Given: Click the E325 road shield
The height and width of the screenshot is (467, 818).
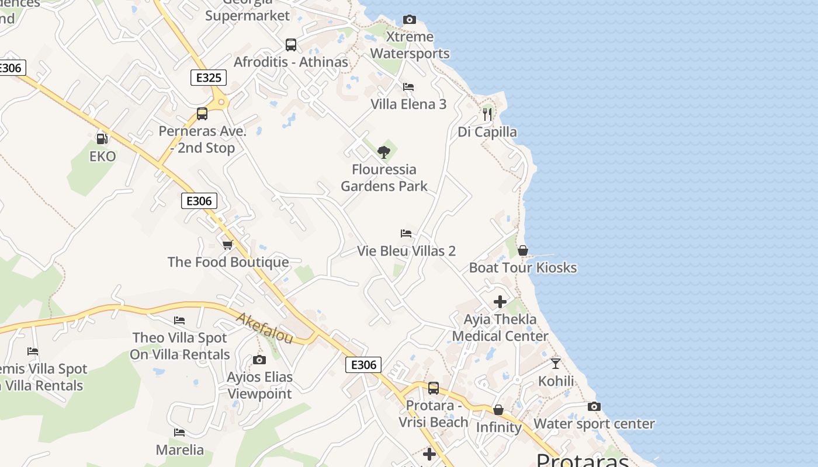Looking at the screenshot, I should click(209, 78).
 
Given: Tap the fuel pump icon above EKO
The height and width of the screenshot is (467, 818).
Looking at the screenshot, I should click(102, 138).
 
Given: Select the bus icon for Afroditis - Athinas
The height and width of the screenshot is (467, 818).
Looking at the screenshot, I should click(291, 44).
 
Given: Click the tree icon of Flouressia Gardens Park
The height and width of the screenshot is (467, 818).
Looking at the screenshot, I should click(384, 152).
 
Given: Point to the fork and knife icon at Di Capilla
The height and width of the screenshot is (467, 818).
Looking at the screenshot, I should click(487, 114).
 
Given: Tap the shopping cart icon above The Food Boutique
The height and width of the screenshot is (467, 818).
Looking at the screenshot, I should click(228, 244).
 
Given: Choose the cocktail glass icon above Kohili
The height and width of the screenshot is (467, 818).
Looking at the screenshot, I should click(556, 364).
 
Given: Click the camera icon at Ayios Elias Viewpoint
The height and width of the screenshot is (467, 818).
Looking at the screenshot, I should click(259, 360).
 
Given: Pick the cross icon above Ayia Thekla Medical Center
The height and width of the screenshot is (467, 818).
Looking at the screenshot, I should click(500, 302).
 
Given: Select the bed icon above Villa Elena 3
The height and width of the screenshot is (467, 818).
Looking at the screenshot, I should click(408, 87).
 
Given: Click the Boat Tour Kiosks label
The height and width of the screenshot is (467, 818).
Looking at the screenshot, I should click(523, 268).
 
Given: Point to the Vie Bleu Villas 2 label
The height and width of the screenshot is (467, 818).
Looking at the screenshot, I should click(406, 251).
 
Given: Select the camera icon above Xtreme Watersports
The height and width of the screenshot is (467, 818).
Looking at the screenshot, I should click(410, 20).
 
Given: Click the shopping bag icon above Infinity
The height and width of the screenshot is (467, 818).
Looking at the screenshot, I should click(498, 410).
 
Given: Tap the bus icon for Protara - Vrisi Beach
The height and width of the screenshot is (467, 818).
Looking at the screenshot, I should click(434, 388).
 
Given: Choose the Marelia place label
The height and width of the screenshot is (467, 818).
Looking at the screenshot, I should click(180, 450).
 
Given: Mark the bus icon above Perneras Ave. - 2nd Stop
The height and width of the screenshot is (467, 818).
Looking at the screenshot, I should click(202, 114).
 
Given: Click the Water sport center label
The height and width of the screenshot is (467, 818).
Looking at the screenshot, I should click(594, 424).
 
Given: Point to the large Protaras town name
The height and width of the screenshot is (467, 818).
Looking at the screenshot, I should click(583, 460).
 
